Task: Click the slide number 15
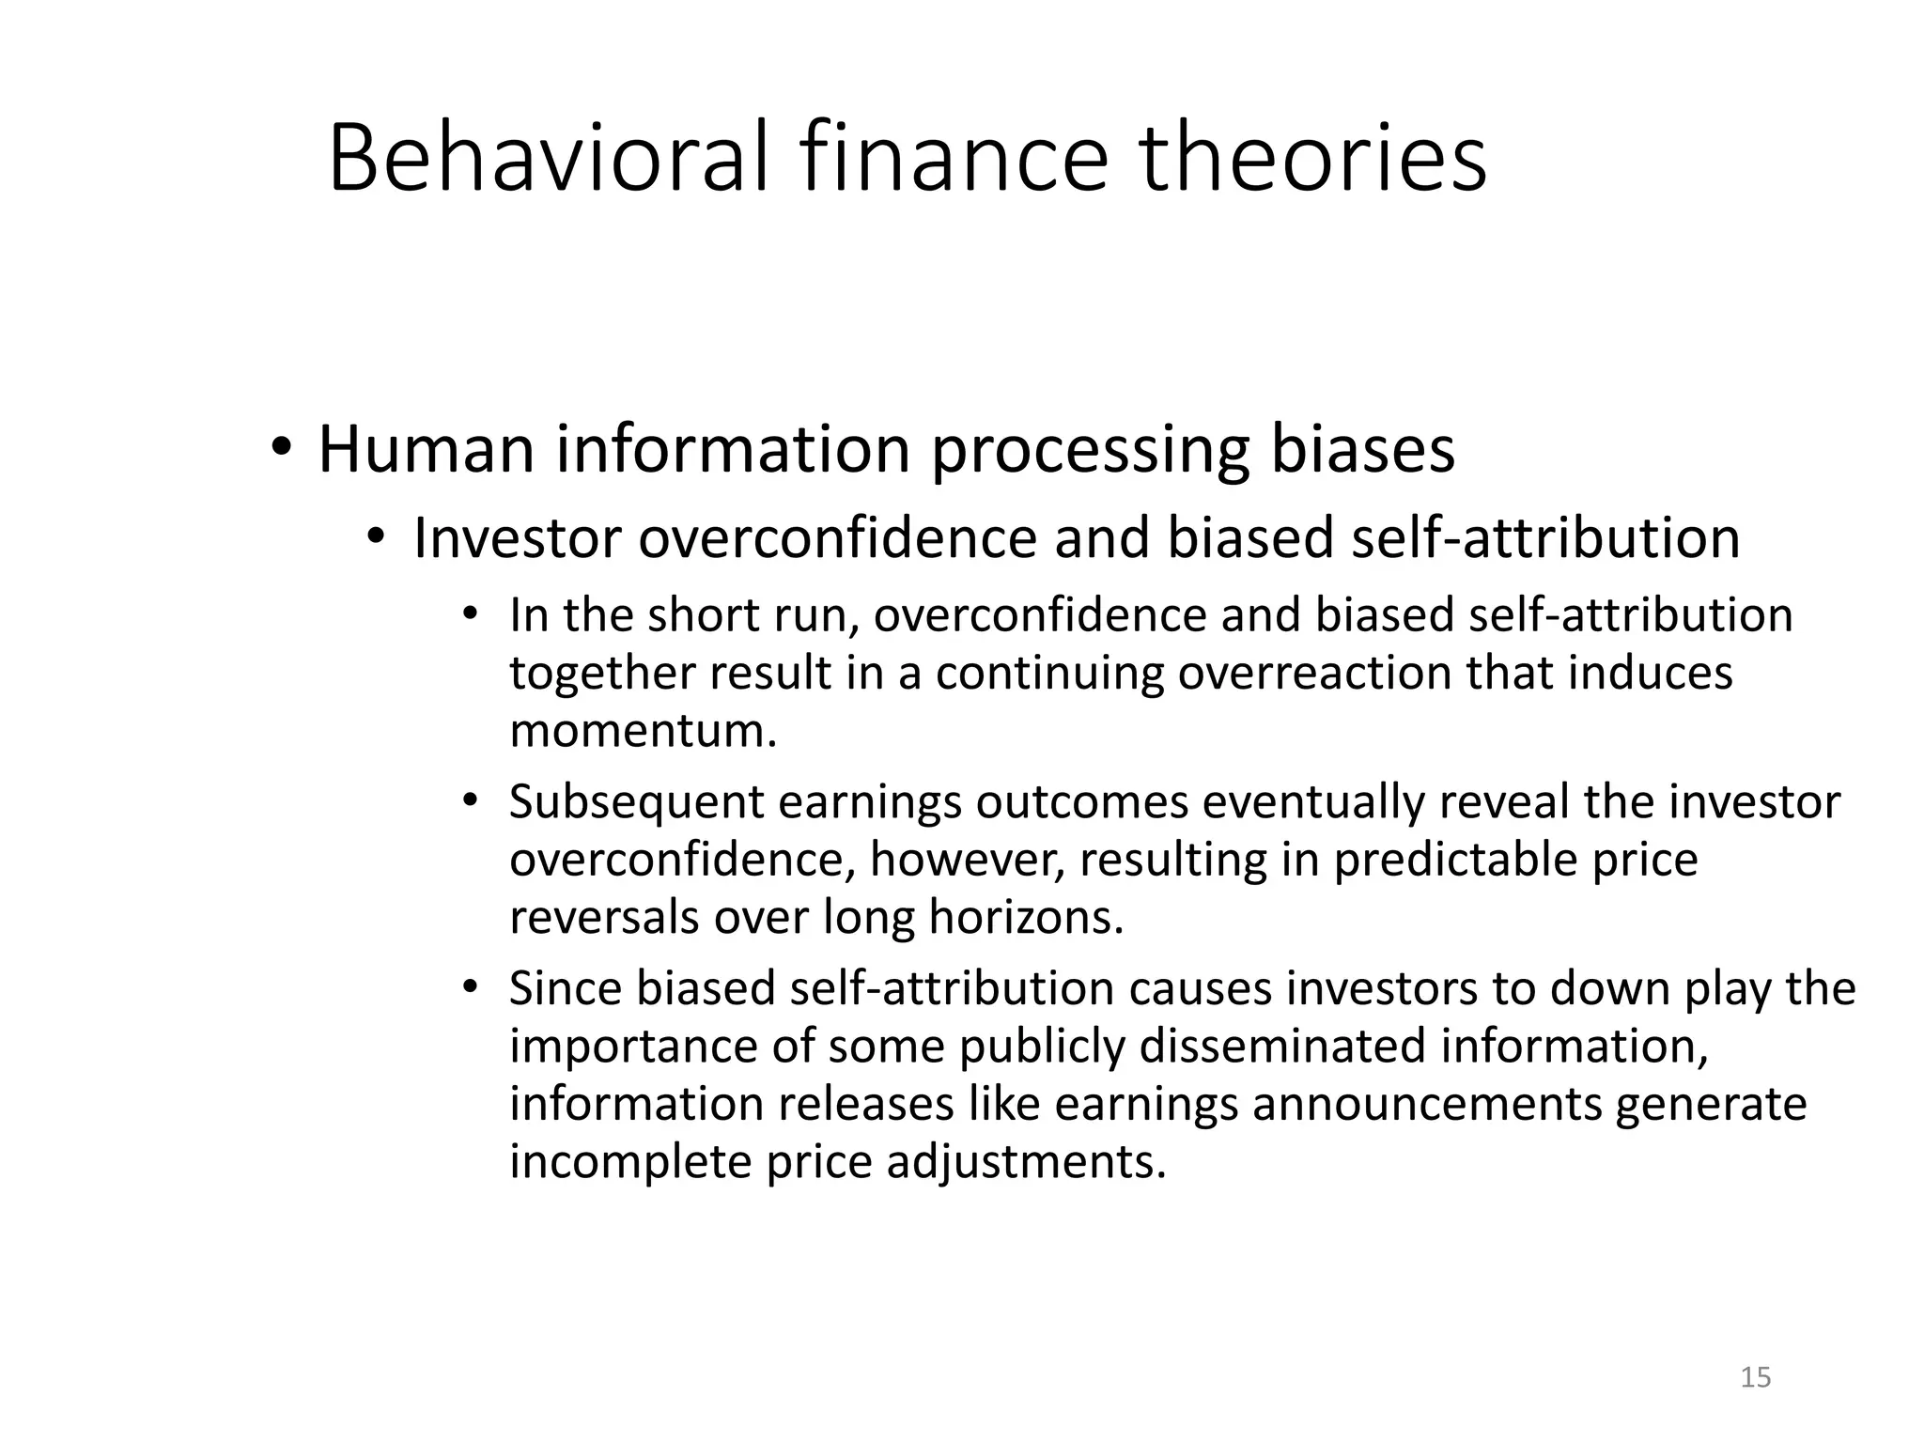1755,1377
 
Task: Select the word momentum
644,732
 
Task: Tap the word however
968,861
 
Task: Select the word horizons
1026,918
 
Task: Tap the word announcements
1427,1105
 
